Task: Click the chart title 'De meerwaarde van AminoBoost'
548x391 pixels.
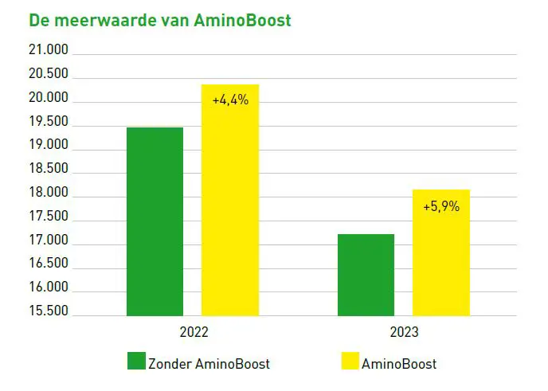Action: pos(160,20)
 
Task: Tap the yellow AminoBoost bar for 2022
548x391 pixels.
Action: pos(230,207)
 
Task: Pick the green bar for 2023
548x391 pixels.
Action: pos(366,275)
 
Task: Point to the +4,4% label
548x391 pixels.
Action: pos(230,100)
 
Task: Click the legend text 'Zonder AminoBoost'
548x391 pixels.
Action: pos(209,364)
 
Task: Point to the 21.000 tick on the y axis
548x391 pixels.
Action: pos(49,51)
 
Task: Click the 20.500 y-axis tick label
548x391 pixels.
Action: pos(49,75)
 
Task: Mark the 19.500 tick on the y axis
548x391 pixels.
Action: pos(49,122)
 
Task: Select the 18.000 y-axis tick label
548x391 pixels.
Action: pos(49,194)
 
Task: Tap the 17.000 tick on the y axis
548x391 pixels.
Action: pos(49,240)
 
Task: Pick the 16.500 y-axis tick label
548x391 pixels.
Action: pos(49,264)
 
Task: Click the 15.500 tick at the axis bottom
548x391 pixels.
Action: pos(49,311)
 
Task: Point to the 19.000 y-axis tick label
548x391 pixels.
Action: pos(49,146)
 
